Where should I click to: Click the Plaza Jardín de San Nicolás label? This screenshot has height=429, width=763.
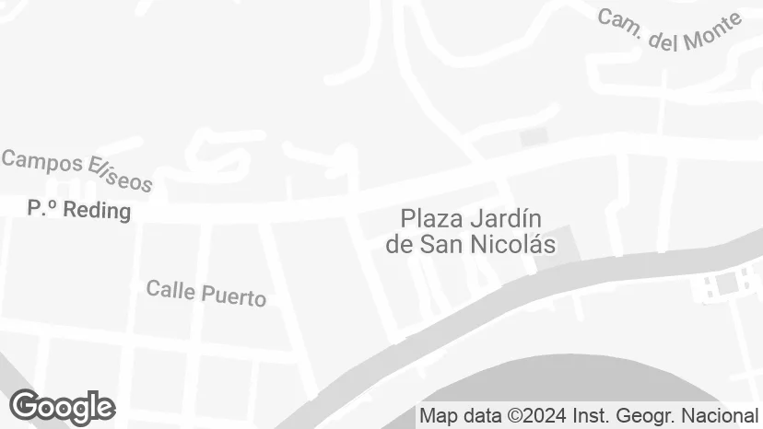pyautogui.click(x=471, y=232)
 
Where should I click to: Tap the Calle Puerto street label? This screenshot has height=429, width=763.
pyautogui.click(x=206, y=293)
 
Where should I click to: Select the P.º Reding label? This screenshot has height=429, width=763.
pyautogui.click(x=79, y=211)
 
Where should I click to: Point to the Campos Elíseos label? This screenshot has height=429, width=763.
pyautogui.click(x=76, y=171)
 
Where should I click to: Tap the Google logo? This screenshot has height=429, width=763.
pyautogui.click(x=63, y=407)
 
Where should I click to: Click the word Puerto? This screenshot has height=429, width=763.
pyautogui.click(x=233, y=296)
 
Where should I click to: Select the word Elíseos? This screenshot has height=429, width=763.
pyautogui.click(x=119, y=175)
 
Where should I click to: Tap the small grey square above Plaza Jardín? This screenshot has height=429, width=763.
pyautogui.click(x=534, y=136)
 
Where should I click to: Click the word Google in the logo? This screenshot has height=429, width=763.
pyautogui.click(x=63, y=407)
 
